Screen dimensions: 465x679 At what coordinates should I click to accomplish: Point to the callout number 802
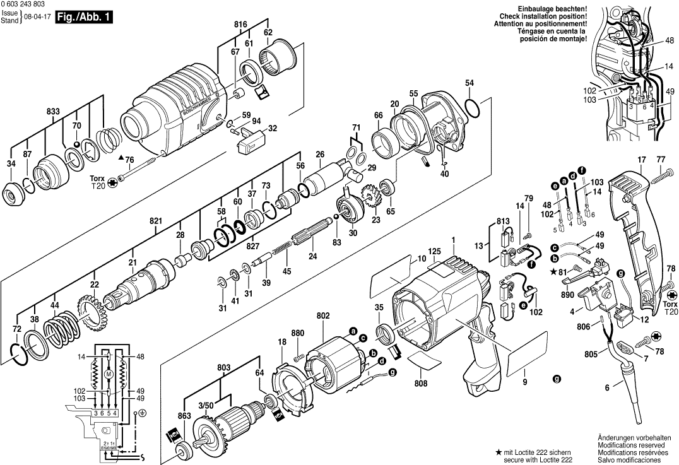pos(323,315)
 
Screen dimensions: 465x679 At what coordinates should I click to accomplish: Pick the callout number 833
pos(53,112)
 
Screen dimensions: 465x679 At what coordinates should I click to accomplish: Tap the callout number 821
pos(156,221)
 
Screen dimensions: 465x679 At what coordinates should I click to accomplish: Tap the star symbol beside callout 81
pos(553,271)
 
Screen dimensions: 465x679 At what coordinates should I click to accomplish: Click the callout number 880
pos(298,333)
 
